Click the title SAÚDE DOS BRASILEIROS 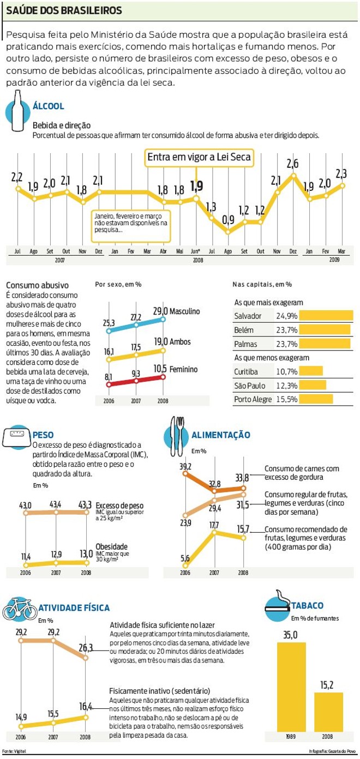click(x=64, y=11)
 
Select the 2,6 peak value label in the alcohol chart click(x=292, y=164)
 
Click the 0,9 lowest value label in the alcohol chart click(x=228, y=220)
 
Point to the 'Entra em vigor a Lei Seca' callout click(x=199, y=158)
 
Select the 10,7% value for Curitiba click(x=287, y=371)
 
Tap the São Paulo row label click(x=250, y=385)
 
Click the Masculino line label click(x=184, y=311)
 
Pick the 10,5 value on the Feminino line click(x=161, y=369)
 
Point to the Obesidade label click(x=111, y=546)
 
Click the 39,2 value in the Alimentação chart click(x=185, y=466)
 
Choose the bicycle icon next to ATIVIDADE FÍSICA click(x=20, y=609)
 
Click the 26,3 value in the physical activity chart click(x=86, y=648)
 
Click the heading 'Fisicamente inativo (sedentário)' click(x=160, y=690)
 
